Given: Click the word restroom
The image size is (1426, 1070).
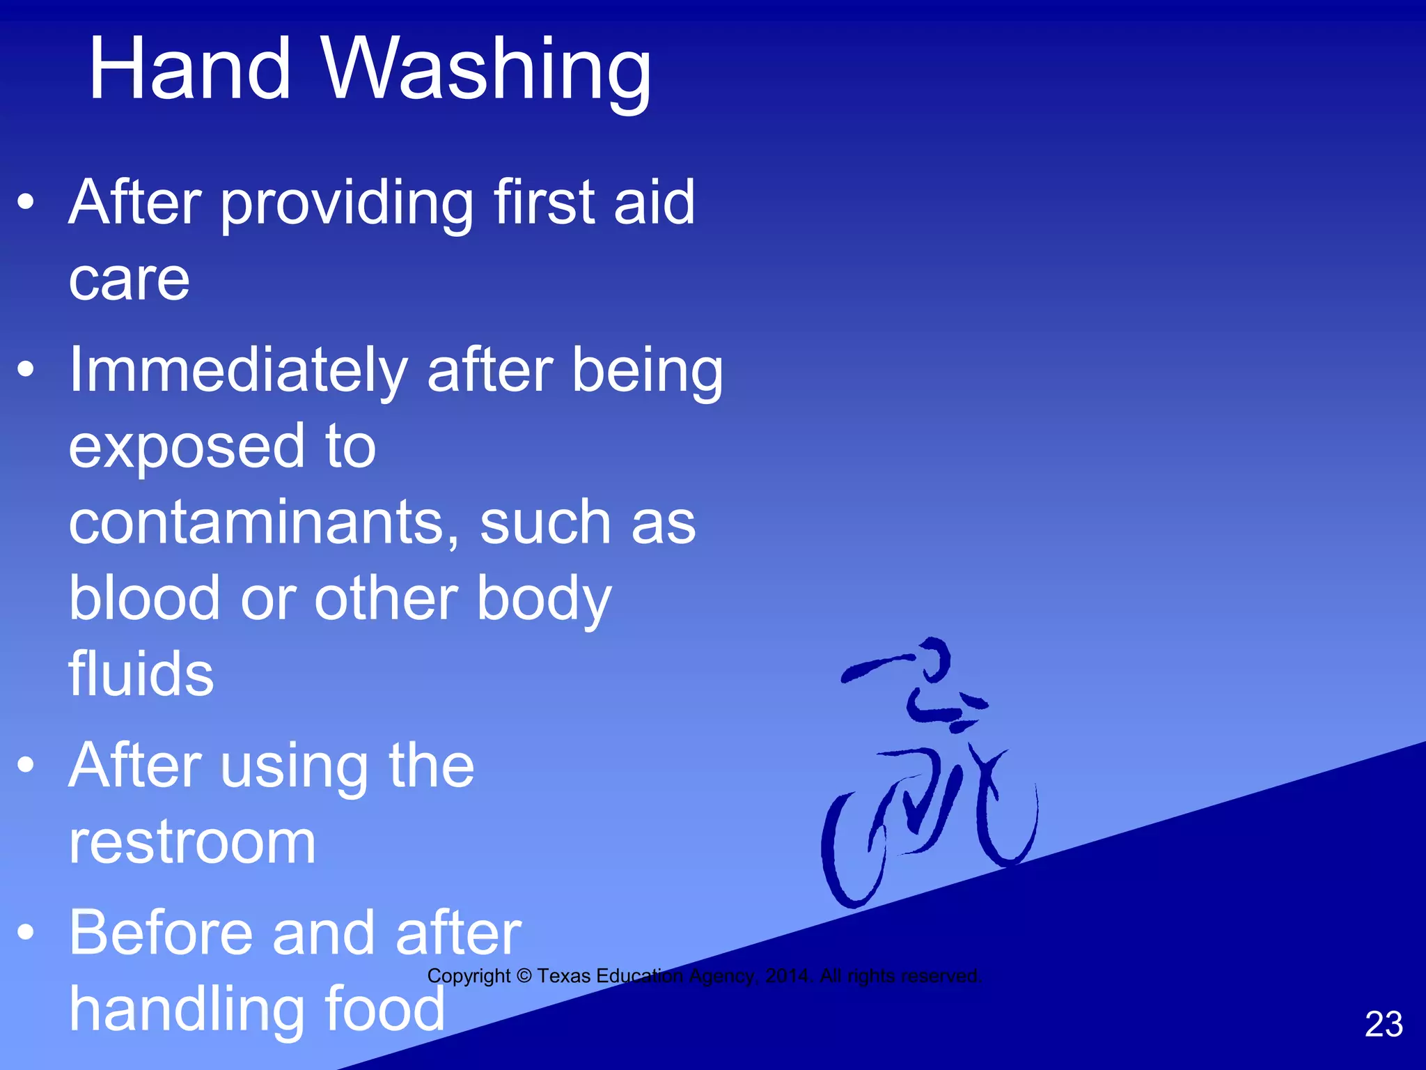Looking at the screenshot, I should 192,843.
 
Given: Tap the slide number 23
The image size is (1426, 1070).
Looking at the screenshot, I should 1384,1024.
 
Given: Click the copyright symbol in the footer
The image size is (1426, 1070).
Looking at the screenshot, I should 524,976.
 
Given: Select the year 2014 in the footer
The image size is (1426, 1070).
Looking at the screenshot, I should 788,976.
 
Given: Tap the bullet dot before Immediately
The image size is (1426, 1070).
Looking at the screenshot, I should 26,369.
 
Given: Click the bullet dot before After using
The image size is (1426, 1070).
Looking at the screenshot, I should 26,765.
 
